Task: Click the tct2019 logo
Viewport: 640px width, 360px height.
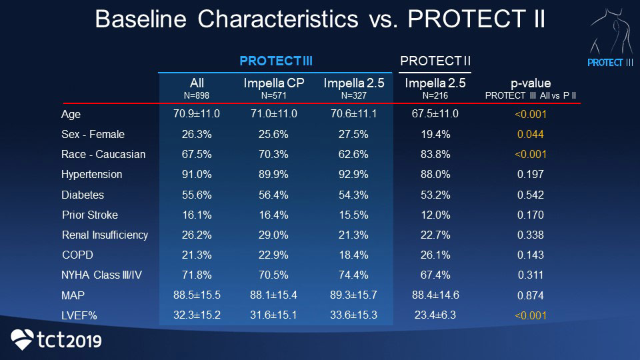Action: (57, 340)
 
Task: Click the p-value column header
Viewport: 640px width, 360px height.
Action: (531, 83)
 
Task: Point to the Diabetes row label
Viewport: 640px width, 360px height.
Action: (83, 195)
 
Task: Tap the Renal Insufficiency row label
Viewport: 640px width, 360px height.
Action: (105, 235)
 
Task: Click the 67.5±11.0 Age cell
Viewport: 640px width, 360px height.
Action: (435, 114)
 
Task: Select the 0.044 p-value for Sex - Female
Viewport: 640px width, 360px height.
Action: (531, 134)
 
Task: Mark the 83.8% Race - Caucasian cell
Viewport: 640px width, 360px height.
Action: (435, 154)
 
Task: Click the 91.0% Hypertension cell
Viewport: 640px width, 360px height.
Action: (197, 174)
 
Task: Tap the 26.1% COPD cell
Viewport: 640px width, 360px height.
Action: (435, 255)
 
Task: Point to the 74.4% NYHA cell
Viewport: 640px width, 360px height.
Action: (350, 275)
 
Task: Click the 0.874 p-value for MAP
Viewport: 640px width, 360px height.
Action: (531, 295)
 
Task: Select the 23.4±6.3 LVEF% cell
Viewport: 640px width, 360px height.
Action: (435, 315)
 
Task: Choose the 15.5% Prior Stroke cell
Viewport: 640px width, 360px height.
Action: (350, 215)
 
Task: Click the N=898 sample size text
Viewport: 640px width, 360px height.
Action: (197, 95)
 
